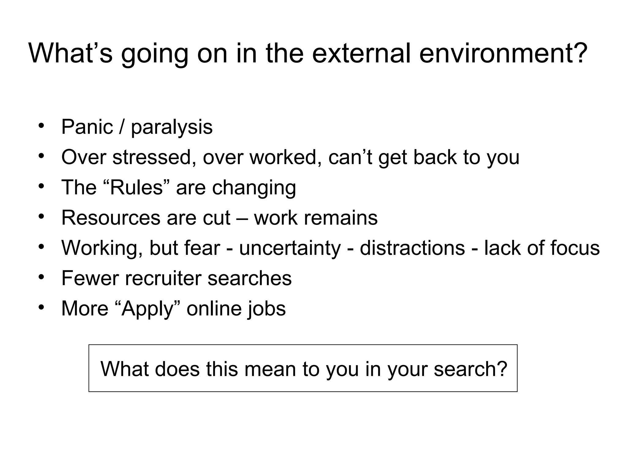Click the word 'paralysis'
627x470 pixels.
[172, 128]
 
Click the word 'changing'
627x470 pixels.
[254, 188]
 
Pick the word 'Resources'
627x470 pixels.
[111, 218]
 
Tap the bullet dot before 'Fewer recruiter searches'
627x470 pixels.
[42, 277]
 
